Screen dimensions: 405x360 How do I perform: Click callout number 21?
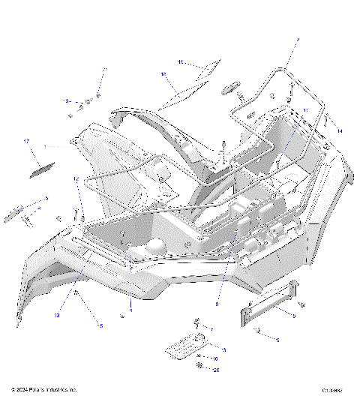[105, 70]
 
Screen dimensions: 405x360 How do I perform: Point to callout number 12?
[76, 179]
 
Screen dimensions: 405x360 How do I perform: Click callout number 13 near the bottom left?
[55, 316]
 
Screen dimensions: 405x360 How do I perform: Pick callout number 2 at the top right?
[297, 39]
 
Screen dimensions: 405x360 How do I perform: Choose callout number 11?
[305, 110]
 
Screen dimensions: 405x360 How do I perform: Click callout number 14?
[340, 131]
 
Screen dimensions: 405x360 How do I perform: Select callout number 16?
[163, 74]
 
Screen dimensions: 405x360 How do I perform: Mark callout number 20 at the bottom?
[217, 370]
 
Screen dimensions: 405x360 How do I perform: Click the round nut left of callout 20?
[199, 365]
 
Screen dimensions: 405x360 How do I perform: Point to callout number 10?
[214, 359]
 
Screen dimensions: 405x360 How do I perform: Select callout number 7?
[211, 330]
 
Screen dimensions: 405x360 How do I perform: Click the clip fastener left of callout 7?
[197, 324]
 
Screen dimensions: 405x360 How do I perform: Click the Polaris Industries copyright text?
[44, 390]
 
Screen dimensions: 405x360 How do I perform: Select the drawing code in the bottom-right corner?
[332, 390]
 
